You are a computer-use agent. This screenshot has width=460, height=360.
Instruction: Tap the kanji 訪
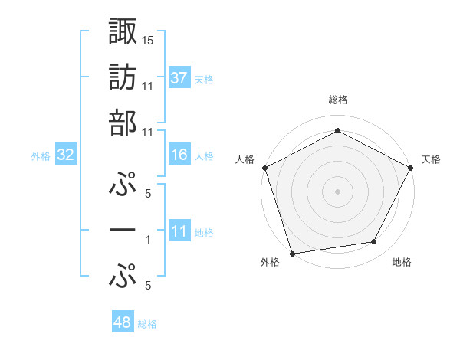pos(123,77)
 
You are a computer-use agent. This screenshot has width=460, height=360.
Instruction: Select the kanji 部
pos(123,123)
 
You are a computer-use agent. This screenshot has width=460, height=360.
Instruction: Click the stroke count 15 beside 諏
pos(148,39)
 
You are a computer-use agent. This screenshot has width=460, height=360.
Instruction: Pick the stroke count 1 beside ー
pos(148,240)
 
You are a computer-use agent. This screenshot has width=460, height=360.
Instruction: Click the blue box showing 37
pos(179,77)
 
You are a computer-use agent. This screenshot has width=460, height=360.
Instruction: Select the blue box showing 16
pos(179,155)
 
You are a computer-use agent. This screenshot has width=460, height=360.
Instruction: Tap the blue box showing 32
pos(66,155)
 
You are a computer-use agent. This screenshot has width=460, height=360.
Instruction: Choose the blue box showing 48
pos(123,322)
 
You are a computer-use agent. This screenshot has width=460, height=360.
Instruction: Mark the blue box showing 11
pos(179,231)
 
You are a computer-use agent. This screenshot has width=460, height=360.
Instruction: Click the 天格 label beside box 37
pos(204,79)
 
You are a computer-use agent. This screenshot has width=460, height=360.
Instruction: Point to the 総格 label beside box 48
pos(147,324)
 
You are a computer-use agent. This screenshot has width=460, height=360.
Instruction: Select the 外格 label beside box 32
pos(41,156)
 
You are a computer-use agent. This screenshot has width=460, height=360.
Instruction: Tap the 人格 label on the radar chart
pos(245,159)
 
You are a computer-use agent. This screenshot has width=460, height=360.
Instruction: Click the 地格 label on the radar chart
pos(402,263)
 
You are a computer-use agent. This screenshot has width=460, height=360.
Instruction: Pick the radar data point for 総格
pos(337,131)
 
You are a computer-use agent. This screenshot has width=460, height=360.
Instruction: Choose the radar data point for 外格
pos(292,253)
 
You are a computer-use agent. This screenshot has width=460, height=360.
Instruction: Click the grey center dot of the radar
pos(337,191)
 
